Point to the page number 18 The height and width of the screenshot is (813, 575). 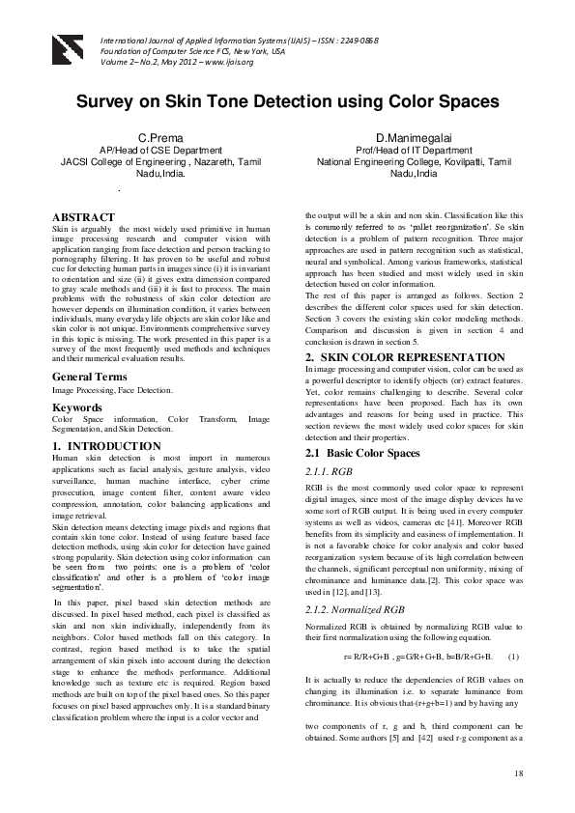(x=518, y=772)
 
